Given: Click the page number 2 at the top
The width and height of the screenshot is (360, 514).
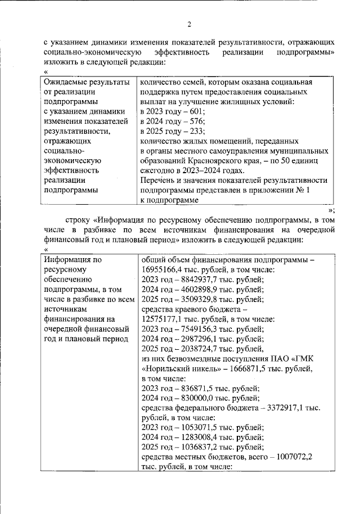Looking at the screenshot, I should pyautogui.click(x=190, y=24).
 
